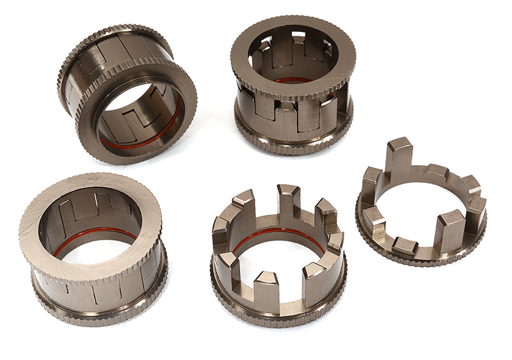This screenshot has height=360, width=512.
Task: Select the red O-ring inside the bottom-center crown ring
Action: click(278, 232)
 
